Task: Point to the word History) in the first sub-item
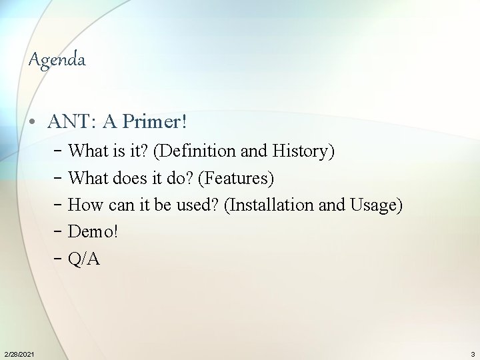coord(303,151)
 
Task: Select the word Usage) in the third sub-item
coord(376,205)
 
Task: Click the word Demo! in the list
coord(94,231)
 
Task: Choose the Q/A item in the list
coord(84,259)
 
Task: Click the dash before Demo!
coord(59,231)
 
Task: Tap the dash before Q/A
coord(59,259)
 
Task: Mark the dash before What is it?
coord(59,151)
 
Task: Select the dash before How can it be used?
coord(59,205)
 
